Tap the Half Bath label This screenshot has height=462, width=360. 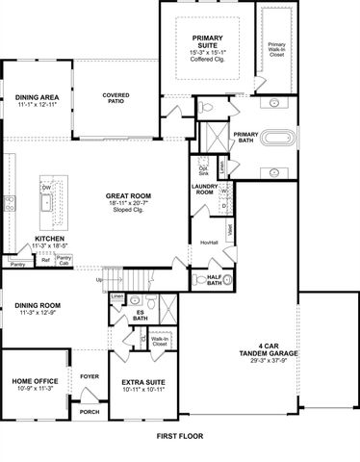coord(216,280)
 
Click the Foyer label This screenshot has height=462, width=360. coord(89,376)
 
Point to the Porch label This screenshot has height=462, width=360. coord(90,412)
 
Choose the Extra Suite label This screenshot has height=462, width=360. coord(141,382)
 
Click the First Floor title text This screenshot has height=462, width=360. coord(180,436)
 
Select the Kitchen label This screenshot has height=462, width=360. coord(49,239)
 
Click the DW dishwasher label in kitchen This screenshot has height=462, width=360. coord(45,189)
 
